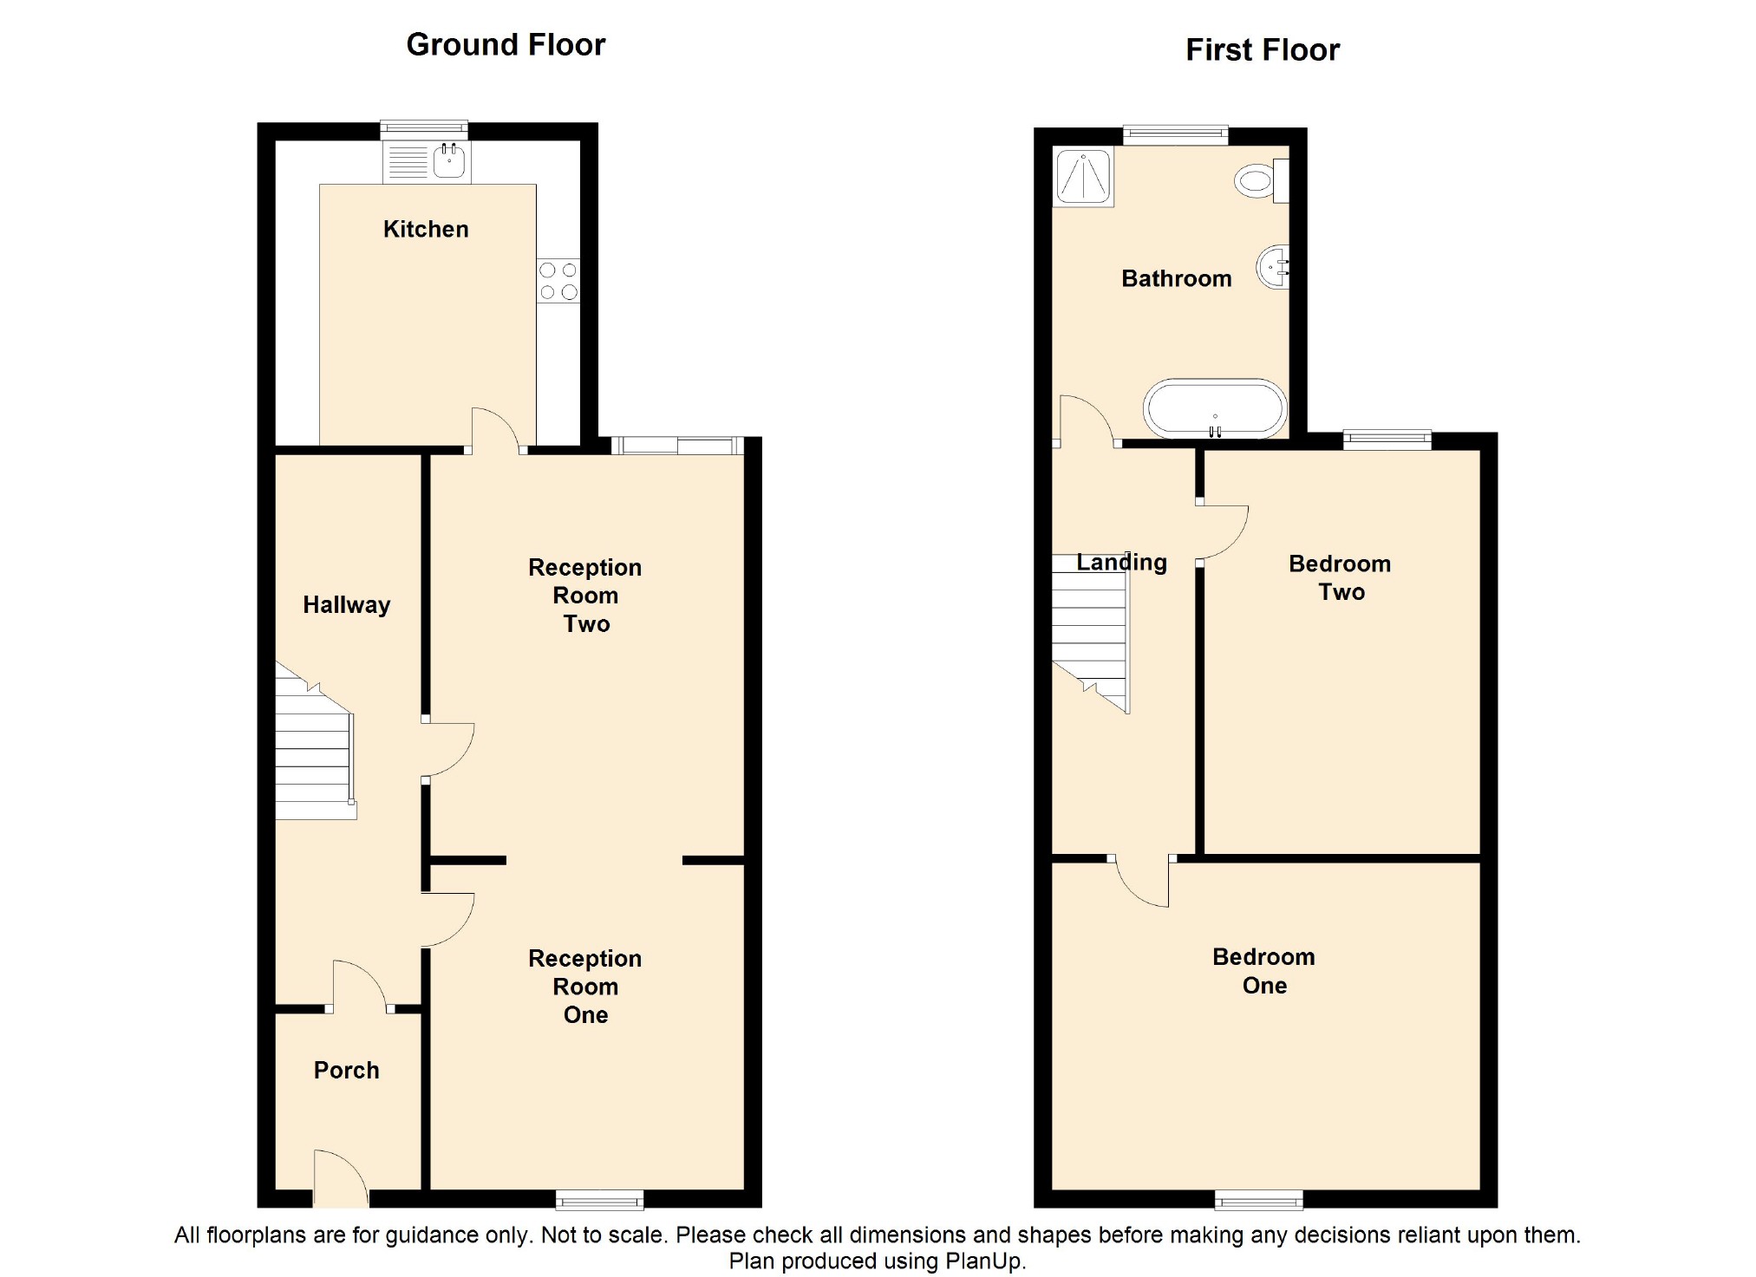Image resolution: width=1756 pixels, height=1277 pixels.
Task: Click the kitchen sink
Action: (427, 161)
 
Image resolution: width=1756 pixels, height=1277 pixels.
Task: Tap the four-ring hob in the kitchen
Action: (558, 281)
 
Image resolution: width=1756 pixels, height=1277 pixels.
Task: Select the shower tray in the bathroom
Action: (1083, 177)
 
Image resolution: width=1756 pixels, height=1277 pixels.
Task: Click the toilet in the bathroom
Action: (1262, 181)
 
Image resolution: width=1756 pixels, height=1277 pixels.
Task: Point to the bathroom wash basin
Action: (1273, 266)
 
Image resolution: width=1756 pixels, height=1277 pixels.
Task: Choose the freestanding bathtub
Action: (1215, 408)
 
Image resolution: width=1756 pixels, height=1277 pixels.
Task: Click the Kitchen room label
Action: (426, 229)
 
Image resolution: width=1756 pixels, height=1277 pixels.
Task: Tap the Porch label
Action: (347, 1070)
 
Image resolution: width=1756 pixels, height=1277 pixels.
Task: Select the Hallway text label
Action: (347, 604)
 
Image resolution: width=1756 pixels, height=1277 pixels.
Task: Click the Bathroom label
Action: (1177, 278)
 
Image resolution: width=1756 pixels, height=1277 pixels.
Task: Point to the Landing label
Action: (1122, 563)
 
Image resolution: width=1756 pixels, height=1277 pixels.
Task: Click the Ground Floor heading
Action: (506, 44)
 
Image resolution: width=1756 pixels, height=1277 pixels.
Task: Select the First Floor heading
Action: (1263, 49)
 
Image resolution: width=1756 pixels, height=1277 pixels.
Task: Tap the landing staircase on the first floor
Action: (1092, 633)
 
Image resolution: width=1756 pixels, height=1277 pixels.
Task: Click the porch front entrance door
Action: (342, 1177)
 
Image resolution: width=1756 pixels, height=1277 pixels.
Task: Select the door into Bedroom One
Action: (1142, 881)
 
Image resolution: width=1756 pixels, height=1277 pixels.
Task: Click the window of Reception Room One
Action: (600, 1199)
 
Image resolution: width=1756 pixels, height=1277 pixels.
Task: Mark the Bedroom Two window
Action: (1387, 440)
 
